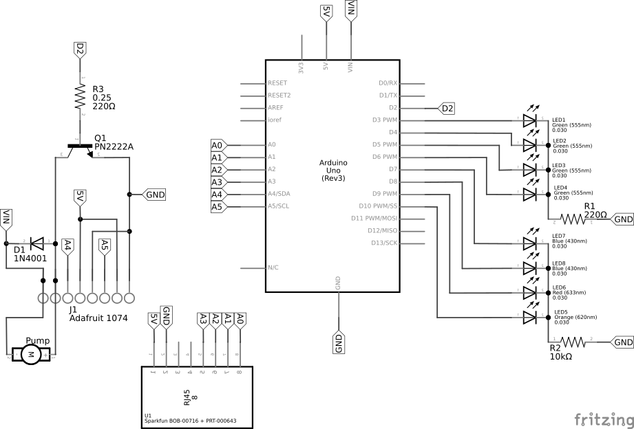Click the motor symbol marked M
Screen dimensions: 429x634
tap(30, 354)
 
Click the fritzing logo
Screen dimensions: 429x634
tap(603, 419)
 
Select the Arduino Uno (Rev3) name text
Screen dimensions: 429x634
tap(333, 170)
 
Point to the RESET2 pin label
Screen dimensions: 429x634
tap(279, 96)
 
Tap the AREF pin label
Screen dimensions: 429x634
tap(275, 108)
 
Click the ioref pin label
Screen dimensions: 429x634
tap(274, 120)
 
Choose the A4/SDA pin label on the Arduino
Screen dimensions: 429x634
tap(279, 194)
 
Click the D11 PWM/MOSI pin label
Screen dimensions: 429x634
tap(374, 218)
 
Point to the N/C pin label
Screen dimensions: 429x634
tap(273, 267)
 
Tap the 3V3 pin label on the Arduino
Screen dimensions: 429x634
tap(301, 67)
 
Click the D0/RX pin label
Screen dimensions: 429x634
tap(388, 83)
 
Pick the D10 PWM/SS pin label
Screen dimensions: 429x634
tap(378, 206)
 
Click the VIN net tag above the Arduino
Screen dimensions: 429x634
tap(351, 10)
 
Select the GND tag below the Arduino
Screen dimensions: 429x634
tap(339, 342)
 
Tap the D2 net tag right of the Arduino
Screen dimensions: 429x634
tap(447, 108)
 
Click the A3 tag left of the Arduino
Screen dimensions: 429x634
tap(217, 182)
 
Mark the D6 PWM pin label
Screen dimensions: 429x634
tap(384, 157)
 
